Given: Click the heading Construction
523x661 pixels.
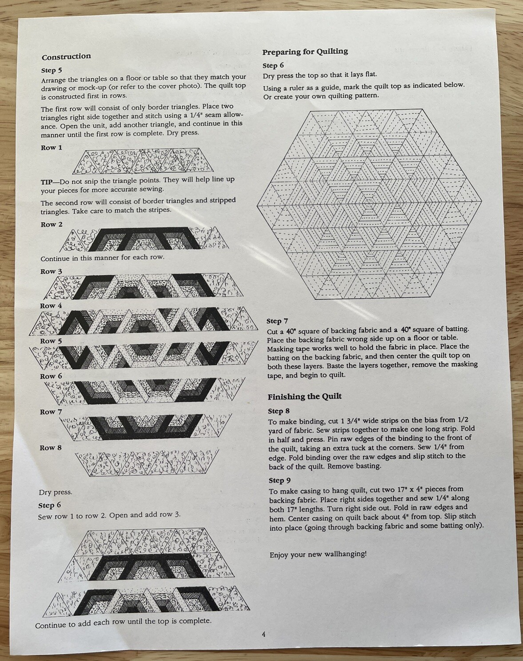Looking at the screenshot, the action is (66, 57).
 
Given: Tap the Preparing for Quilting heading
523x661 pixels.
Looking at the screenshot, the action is (305, 52).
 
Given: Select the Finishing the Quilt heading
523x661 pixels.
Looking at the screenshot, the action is (304, 396).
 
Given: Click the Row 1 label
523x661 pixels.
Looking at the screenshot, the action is (52, 148).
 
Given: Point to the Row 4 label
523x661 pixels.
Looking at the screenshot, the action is (51, 306).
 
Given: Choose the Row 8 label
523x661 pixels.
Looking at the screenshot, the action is (51, 447).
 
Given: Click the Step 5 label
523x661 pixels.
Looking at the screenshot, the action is (52, 71).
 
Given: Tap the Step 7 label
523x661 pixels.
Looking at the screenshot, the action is (277, 321).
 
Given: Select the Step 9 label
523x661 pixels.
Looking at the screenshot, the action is (279, 480).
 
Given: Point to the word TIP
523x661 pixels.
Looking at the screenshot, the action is (46, 182).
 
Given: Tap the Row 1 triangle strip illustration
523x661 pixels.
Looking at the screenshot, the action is (144, 161).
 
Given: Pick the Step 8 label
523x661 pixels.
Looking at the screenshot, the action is (279, 411).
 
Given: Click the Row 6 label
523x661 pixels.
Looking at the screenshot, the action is (51, 376).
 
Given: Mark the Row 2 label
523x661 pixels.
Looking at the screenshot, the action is (52, 225).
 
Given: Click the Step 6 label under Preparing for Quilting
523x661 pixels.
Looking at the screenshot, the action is (273, 66).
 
